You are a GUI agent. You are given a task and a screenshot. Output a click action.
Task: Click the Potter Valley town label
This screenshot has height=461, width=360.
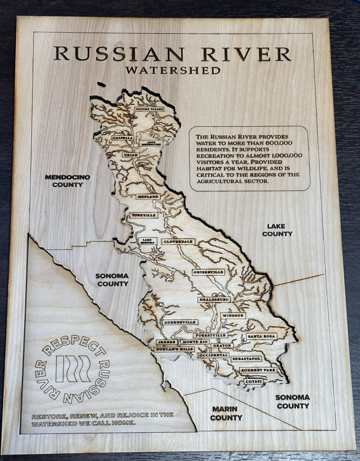[x=149, y=109]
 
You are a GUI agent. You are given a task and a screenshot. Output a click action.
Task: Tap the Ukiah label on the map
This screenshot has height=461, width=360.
[x=130, y=154]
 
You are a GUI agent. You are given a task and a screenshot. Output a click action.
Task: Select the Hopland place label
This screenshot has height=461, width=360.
[x=147, y=196]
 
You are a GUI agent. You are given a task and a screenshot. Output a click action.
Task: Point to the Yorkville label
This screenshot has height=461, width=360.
[x=142, y=215]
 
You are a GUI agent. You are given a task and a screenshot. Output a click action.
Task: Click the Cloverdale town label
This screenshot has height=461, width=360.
[x=178, y=241]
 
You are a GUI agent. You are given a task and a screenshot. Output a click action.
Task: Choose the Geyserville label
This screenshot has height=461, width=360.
[x=208, y=272]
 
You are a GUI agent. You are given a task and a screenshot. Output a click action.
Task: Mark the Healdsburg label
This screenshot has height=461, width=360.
[x=214, y=299]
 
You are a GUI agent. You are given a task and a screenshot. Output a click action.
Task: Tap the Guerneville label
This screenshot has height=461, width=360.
[x=179, y=323]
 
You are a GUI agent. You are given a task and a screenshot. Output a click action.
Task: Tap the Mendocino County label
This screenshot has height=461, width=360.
[x=67, y=181]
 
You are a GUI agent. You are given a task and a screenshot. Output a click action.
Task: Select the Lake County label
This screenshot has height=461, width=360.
[x=277, y=230]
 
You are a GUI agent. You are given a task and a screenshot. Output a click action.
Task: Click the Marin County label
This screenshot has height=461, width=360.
[x=226, y=413]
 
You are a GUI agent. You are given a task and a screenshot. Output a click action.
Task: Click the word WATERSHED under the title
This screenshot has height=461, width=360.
[x=173, y=71]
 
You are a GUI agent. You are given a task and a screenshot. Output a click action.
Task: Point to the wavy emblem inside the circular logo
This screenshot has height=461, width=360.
[x=74, y=369]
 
